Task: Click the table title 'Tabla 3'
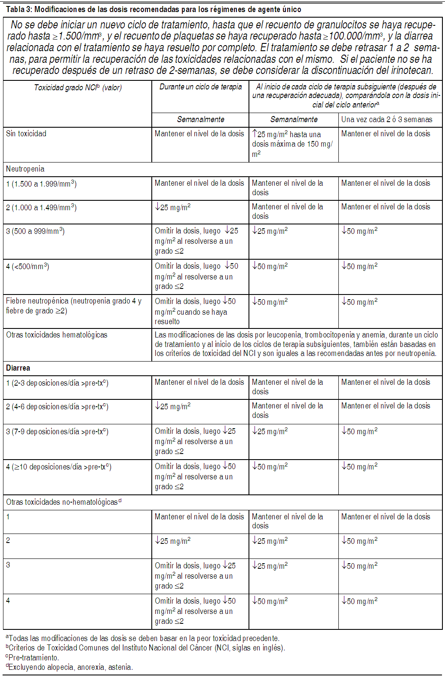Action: click(x=18, y=9)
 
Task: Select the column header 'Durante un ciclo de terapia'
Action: click(x=200, y=87)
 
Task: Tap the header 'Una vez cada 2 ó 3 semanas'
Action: click(x=387, y=120)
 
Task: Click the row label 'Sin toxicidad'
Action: click(x=26, y=134)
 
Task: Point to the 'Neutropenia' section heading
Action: click(x=25, y=169)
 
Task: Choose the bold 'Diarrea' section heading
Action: click(x=18, y=368)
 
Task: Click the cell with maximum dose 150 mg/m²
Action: click(x=292, y=144)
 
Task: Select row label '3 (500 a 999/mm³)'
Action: click(x=35, y=231)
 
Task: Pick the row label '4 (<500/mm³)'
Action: click(x=28, y=267)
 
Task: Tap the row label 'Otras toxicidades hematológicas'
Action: click(x=57, y=335)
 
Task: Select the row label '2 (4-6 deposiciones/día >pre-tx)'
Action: click(x=57, y=407)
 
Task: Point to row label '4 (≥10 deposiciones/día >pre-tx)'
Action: click(x=59, y=467)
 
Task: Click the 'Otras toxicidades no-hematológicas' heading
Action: click(x=64, y=502)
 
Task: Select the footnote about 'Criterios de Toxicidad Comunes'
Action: click(x=145, y=648)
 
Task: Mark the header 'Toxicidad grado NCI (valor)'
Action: click(x=78, y=88)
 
